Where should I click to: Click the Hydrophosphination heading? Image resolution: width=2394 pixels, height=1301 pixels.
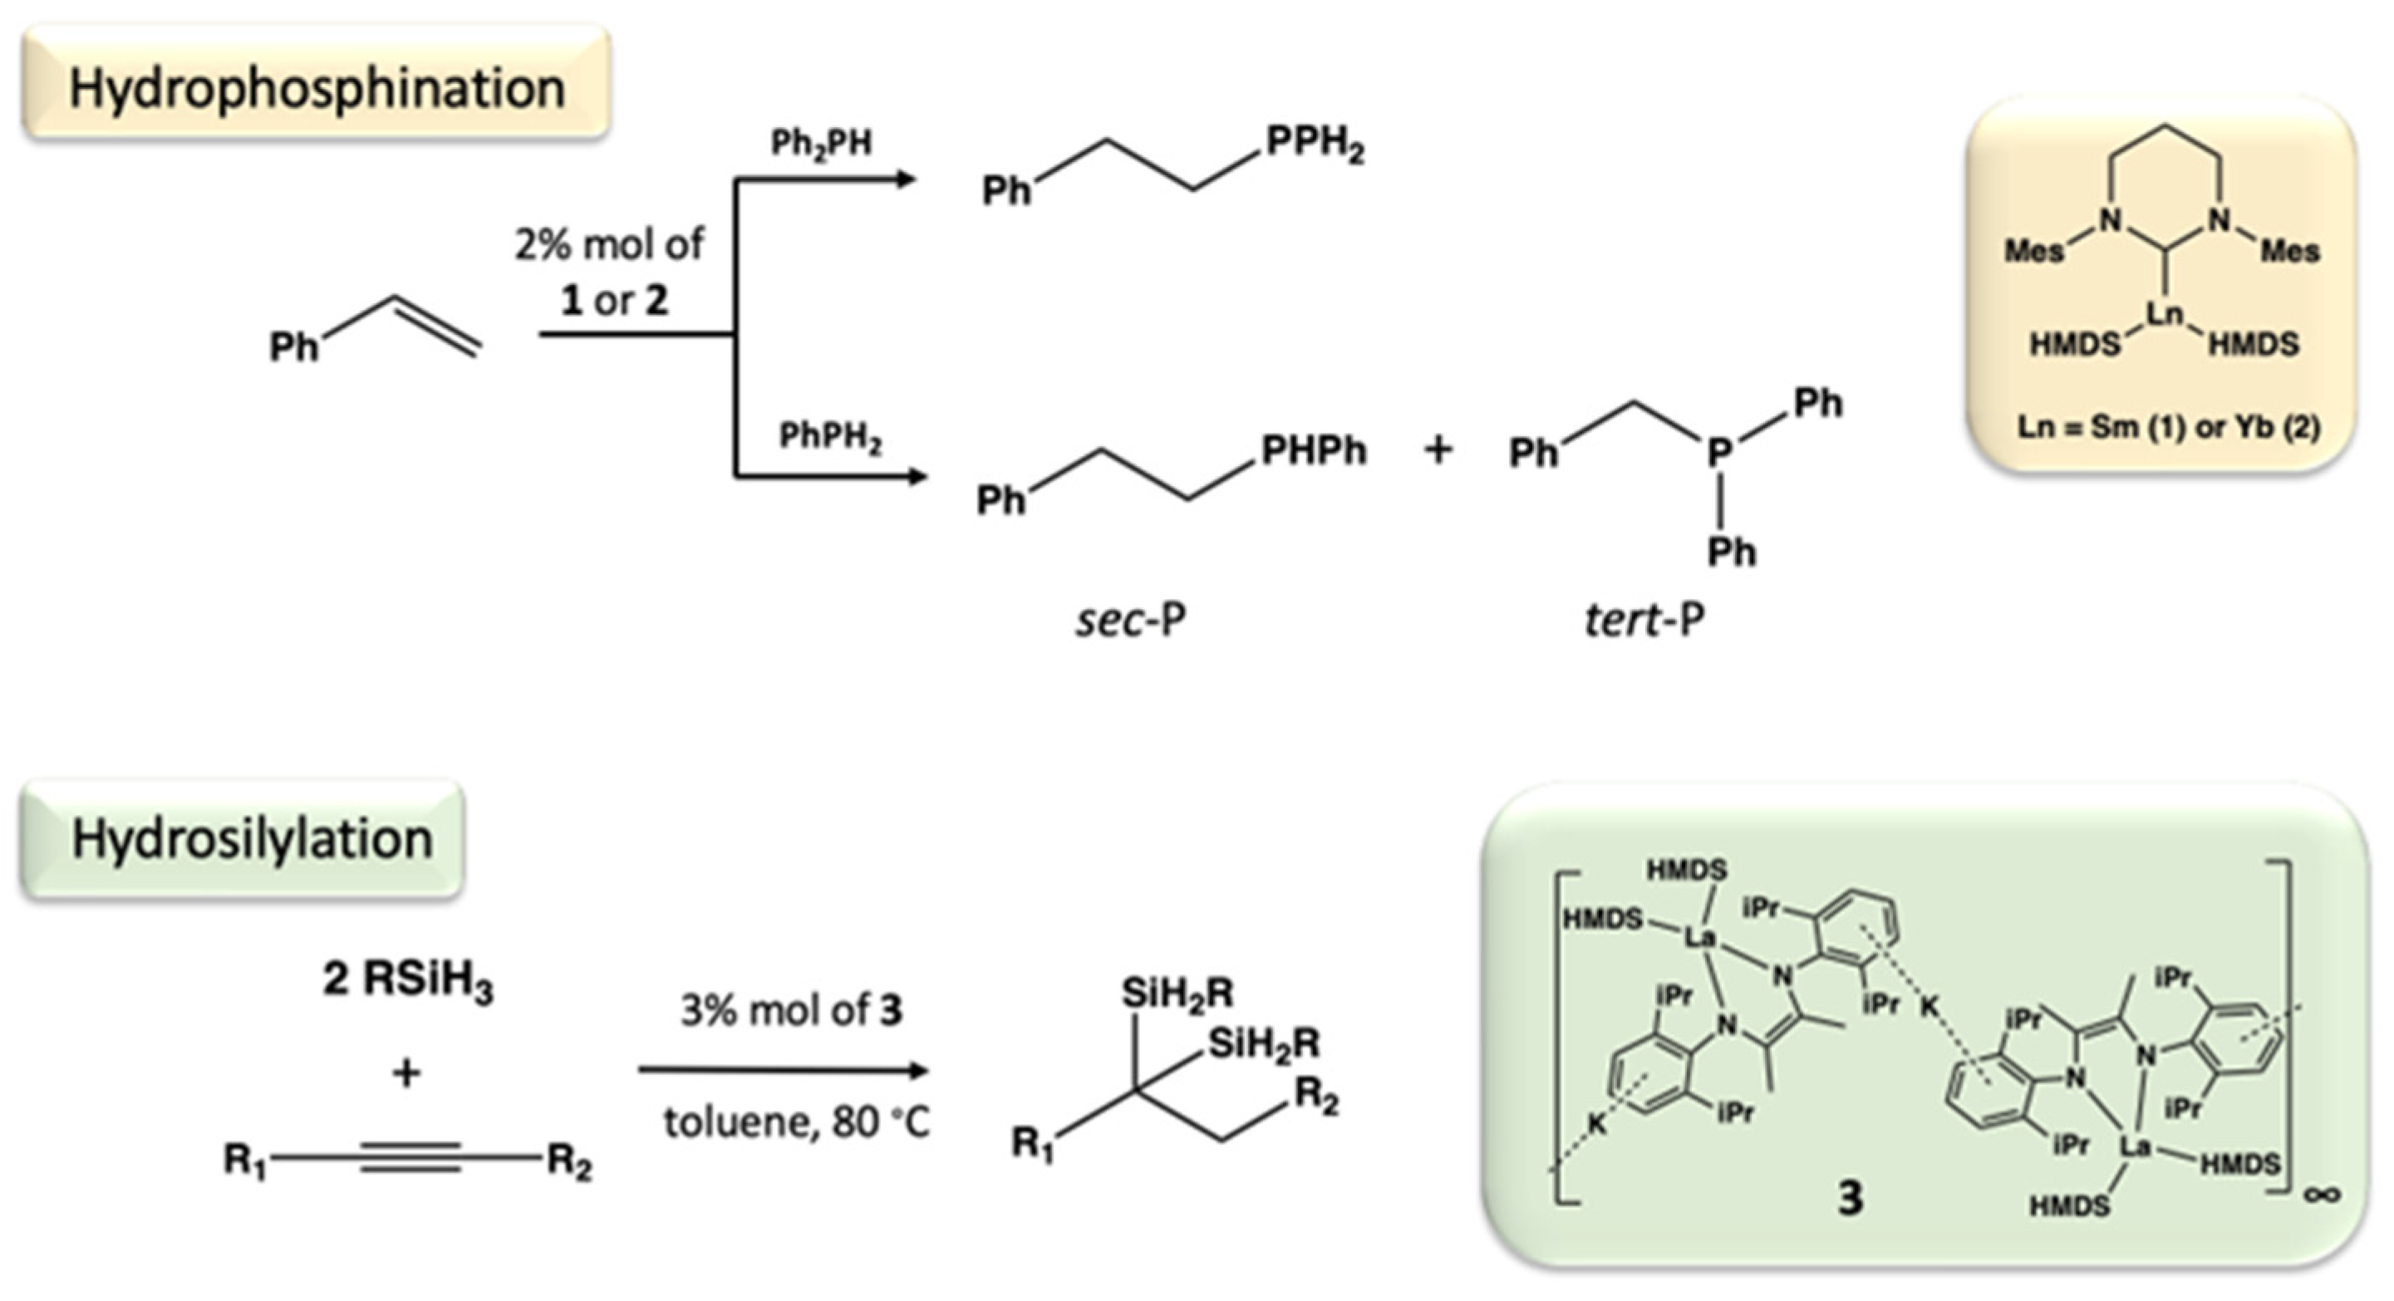pos(316,88)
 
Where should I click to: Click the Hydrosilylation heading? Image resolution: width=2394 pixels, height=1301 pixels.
pos(251,839)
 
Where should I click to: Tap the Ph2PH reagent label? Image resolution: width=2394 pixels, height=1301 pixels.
pos(822,144)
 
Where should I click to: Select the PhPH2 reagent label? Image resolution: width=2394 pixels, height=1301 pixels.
pos(830,436)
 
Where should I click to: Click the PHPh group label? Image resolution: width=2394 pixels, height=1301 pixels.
pos(1313,451)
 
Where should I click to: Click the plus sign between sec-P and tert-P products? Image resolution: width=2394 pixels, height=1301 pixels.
pos(1438,451)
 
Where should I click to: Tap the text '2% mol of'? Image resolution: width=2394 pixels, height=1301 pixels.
pos(610,244)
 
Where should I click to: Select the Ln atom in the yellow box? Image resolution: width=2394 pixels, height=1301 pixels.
pos(2165,314)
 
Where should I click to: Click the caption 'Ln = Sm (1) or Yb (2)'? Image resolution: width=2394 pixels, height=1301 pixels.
pos(2168,428)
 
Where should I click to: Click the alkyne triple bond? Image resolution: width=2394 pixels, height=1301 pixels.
pos(410,1158)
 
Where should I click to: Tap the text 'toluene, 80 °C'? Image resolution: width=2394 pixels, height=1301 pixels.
pos(795,1122)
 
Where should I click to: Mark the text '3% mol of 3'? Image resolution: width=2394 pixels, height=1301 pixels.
pos(791,1010)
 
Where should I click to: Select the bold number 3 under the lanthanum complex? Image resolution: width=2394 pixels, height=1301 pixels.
pos(1850,1199)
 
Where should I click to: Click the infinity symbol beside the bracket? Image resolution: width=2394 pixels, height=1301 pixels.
pos(2322,1195)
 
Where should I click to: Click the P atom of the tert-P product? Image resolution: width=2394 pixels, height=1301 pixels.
pos(1719,453)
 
